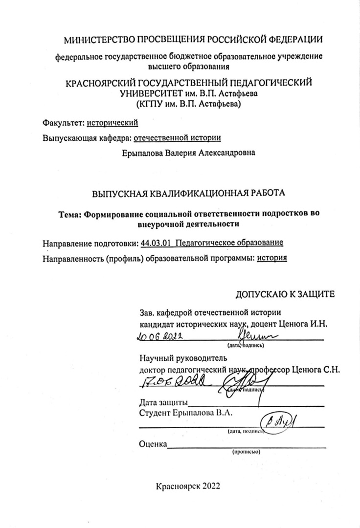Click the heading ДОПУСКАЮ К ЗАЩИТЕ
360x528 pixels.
[285, 294]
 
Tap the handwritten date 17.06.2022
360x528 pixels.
[170, 381]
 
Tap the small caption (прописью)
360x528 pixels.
[247, 452]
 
